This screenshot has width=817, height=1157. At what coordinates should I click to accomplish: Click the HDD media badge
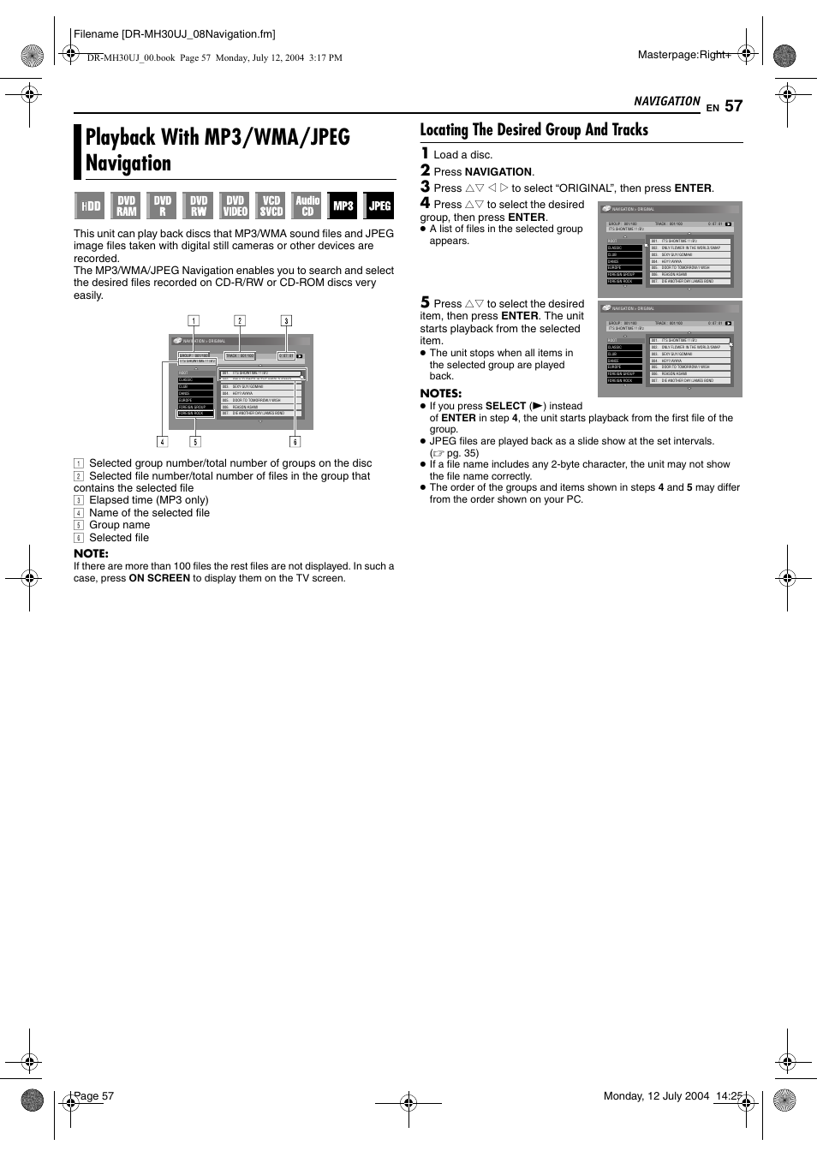pos(90,206)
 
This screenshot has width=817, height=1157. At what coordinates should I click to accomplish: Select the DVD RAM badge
pos(126,206)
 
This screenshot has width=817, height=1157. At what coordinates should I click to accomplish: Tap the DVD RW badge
pos(199,206)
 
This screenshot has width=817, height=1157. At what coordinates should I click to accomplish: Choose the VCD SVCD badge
pos(271,206)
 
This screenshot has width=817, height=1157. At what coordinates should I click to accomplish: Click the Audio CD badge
pos(307,206)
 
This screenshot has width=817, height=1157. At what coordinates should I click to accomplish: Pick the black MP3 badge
pos(343,206)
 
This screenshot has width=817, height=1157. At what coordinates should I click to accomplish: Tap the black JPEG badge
pos(379,206)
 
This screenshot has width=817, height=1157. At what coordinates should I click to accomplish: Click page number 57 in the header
pos(733,106)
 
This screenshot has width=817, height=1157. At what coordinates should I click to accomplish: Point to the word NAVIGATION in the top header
pos(666,101)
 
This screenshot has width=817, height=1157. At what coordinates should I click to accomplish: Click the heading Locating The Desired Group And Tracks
pos(534,130)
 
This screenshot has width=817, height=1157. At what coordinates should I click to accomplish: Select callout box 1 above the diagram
pos(194,321)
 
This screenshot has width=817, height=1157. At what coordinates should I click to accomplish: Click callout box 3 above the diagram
pos(286,321)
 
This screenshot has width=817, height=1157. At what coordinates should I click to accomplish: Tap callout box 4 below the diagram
pos(162,442)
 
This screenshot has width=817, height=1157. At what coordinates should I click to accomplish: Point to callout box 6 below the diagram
pos(295,442)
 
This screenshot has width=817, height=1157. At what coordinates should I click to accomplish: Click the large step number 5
pos(425,302)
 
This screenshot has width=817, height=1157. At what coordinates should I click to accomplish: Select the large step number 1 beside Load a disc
pos(425,153)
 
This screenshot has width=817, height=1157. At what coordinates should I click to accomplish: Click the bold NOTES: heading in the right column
pos(440,393)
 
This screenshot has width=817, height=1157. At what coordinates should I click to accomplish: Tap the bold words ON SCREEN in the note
pos(159,578)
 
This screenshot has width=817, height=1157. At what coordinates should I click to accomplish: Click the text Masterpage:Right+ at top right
pos(684,55)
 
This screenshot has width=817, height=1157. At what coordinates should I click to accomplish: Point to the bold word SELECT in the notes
pos(505,406)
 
